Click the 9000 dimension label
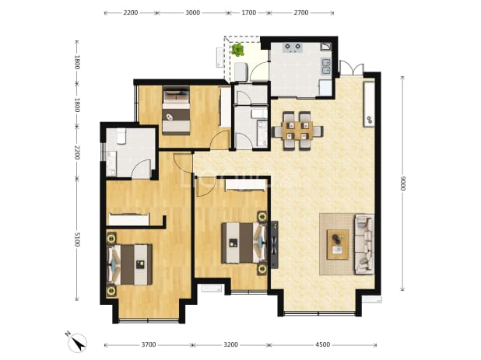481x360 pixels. [x=402, y=183]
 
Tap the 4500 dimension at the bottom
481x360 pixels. [x=323, y=344]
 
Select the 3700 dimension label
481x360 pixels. [x=149, y=344]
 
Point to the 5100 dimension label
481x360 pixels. [x=77, y=239]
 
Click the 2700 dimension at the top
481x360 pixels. [x=301, y=12]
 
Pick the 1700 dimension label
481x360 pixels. [x=249, y=12]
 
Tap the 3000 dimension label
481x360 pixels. [x=193, y=12]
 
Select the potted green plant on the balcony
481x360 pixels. [x=237, y=50]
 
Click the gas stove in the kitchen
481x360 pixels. [x=293, y=47]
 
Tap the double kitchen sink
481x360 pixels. [x=326, y=67]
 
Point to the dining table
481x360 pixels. [x=297, y=131]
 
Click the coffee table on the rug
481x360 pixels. [x=338, y=244]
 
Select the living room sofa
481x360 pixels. [x=364, y=244]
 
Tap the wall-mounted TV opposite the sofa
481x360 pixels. [x=274, y=244]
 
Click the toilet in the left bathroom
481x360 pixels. [x=121, y=136]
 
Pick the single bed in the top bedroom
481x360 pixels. [x=176, y=111]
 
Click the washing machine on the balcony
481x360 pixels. [x=240, y=72]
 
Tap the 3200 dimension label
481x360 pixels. [x=230, y=344]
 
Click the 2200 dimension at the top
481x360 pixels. [x=131, y=12]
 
